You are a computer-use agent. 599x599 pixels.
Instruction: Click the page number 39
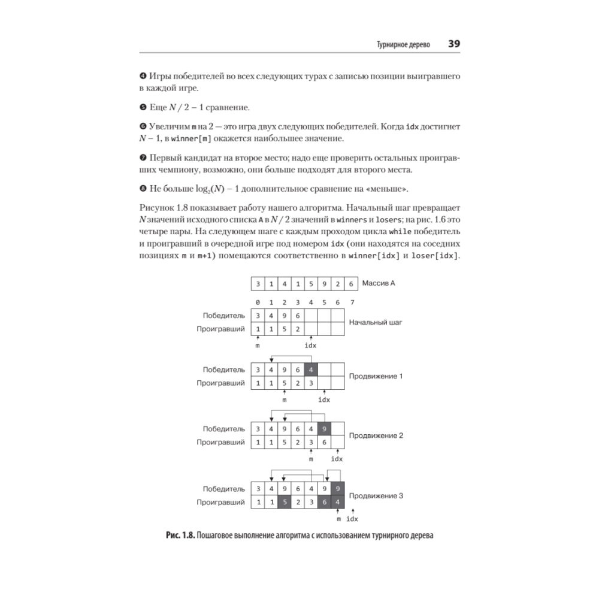453,44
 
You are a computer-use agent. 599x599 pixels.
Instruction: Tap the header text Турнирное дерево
403,45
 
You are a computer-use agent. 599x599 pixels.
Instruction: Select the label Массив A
379,283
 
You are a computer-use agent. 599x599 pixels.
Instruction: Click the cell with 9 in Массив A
324,284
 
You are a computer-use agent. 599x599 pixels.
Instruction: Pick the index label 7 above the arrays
352,302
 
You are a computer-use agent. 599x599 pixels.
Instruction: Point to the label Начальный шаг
376,322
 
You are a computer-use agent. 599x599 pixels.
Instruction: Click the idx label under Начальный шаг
310,346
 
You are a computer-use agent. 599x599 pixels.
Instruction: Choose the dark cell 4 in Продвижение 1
311,369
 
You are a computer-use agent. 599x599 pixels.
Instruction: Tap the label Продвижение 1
376,376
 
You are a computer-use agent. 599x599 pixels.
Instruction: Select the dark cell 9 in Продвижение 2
324,428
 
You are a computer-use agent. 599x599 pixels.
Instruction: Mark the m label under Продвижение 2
311,459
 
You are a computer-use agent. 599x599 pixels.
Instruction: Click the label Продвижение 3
376,495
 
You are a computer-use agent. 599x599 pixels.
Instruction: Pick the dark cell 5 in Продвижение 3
284,502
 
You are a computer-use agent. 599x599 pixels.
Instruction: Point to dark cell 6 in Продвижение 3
324,502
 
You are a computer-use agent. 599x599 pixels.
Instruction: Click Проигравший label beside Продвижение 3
220,502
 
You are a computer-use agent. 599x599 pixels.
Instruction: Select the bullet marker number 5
143,107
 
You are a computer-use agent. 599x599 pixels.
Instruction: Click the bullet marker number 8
143,189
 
